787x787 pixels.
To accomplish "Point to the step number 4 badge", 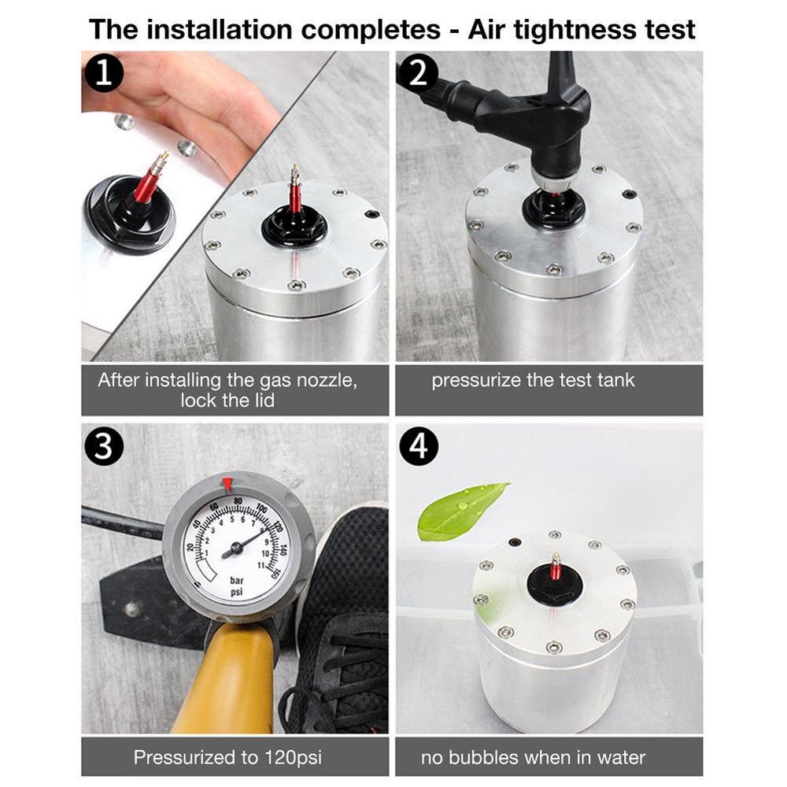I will click(x=418, y=447).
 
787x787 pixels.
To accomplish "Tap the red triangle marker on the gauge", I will click(x=227, y=482).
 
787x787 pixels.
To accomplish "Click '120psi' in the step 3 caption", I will click(x=290, y=758).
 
